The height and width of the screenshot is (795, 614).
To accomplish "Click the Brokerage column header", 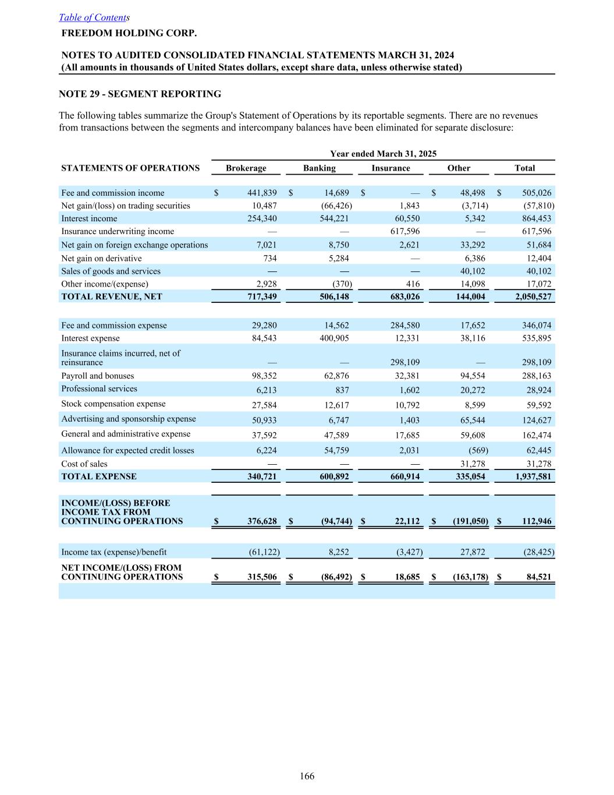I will click(x=246, y=168).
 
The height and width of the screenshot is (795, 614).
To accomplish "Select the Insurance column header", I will click(x=391, y=168).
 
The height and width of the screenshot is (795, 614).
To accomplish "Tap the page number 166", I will click(x=307, y=776).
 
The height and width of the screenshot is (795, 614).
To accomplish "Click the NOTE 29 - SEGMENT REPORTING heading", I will click(x=140, y=94).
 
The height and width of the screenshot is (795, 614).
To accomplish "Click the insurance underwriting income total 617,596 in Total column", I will click(x=536, y=231).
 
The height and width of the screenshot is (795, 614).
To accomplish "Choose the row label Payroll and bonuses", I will click(x=97, y=376).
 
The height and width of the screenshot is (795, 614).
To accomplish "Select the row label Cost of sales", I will click(x=84, y=464).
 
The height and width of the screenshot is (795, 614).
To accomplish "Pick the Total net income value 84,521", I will click(x=538, y=577).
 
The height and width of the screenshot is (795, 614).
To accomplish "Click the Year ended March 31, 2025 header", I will click(x=383, y=154).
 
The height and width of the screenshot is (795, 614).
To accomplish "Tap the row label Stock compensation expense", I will click(x=113, y=404).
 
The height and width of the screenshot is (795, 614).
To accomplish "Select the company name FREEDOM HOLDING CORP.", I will click(x=129, y=33).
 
